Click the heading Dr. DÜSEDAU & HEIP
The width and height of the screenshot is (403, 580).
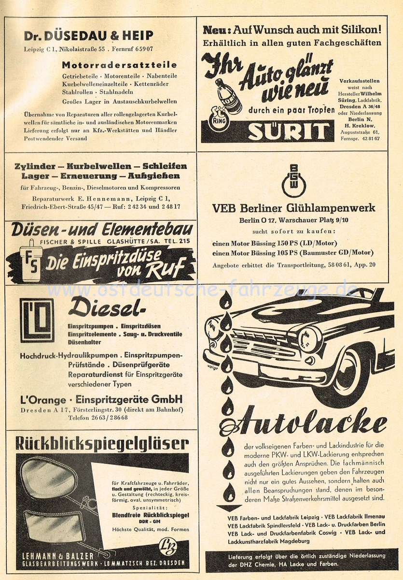click(x=89, y=35)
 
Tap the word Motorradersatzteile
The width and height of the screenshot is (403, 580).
click(x=119, y=64)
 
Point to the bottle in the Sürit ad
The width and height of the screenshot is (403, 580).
click(x=228, y=96)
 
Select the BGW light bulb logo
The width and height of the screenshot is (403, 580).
click(x=293, y=181)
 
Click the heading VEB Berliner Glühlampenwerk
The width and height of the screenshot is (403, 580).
click(x=293, y=209)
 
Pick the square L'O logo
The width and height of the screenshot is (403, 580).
click(x=37, y=319)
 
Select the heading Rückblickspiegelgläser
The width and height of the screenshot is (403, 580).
click(x=102, y=443)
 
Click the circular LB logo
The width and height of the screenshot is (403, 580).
click(x=167, y=547)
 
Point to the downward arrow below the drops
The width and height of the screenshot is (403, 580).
click(x=228, y=508)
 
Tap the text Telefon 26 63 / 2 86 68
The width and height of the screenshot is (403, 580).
click(x=97, y=418)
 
